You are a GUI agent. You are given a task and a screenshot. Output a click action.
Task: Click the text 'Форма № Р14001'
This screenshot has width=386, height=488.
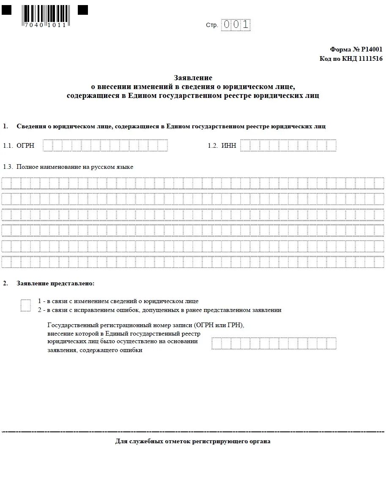(356, 49)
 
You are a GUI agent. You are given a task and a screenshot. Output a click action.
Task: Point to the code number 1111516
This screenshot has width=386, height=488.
(370, 59)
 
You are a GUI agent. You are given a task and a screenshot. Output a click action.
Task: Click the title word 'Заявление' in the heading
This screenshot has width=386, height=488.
(193, 78)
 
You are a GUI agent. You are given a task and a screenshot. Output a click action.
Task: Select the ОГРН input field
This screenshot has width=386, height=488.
(105, 145)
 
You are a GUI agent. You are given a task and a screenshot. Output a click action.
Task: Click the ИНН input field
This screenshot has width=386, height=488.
(288, 145)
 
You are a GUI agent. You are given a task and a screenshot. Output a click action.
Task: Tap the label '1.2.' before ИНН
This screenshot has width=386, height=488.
(213, 146)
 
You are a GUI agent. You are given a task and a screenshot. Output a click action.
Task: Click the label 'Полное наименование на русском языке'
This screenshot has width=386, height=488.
(75, 167)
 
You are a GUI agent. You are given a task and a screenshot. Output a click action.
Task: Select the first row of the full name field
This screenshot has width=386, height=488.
(193, 183)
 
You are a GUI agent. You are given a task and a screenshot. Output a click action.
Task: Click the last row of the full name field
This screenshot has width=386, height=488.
(193, 262)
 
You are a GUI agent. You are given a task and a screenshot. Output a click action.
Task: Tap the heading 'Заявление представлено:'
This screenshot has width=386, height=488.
(55, 283)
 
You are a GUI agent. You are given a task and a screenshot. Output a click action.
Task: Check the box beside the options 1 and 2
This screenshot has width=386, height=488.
(26, 305)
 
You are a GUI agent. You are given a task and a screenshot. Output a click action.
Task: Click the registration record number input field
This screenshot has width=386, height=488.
(274, 343)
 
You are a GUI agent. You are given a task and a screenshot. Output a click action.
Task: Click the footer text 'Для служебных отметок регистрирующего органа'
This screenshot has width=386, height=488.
(193, 442)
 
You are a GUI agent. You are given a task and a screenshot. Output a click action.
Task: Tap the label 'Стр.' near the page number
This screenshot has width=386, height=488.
(212, 25)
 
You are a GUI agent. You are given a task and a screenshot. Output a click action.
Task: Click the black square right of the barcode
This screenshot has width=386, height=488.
(83, 10)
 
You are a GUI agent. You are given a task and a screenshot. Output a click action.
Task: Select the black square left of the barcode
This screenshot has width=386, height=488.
(7, 10)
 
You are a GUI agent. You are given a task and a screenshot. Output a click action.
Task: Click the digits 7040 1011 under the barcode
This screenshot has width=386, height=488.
(45, 25)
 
